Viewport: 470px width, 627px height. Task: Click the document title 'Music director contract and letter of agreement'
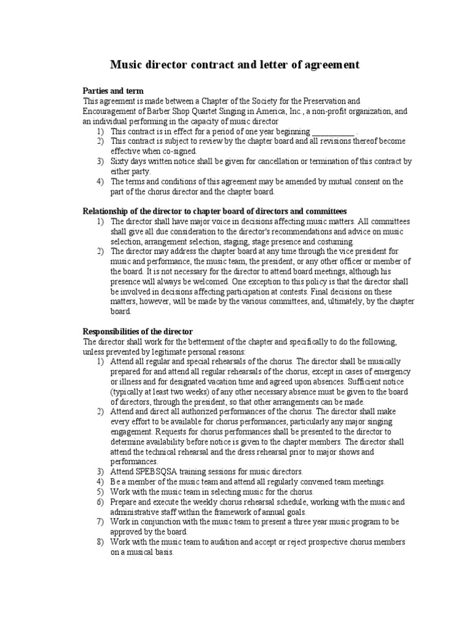point(234,65)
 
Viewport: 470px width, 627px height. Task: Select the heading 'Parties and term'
point(113,91)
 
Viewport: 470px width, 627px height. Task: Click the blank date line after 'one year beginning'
point(333,131)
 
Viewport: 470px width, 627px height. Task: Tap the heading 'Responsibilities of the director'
point(138,331)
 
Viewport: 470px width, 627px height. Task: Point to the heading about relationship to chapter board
point(214,211)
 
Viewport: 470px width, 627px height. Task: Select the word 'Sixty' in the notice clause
point(121,161)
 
